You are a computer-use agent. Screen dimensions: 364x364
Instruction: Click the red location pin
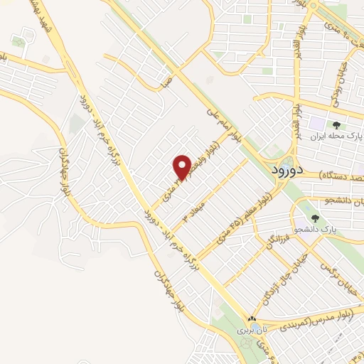(x=182, y=166)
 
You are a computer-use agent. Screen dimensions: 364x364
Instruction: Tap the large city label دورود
(x=287, y=170)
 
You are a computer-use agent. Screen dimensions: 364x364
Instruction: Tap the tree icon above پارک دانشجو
(x=315, y=219)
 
